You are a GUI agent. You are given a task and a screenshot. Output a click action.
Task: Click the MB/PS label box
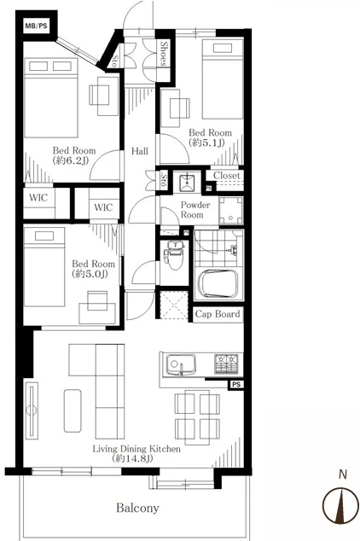[x=36, y=26]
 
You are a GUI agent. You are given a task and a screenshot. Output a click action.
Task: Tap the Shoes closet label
[x=164, y=54]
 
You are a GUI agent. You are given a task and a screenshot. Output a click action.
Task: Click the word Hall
[x=140, y=151]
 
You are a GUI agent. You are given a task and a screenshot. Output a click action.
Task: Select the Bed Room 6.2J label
[x=74, y=155]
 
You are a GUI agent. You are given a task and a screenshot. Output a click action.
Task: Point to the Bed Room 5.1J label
[x=210, y=137]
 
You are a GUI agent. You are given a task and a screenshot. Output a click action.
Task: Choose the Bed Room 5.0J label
[x=93, y=269]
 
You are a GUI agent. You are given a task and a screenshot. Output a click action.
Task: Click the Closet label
[x=226, y=175]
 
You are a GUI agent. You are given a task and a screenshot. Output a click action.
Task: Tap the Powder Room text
[x=195, y=209]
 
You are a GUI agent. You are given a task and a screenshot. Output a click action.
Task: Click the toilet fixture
[x=175, y=255]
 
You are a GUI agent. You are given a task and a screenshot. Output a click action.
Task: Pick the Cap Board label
[x=218, y=314]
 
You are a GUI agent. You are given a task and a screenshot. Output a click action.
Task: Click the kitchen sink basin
[x=180, y=365]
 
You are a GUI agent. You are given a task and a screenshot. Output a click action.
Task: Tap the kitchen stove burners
[x=227, y=364]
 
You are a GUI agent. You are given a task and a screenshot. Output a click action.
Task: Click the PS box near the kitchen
[x=235, y=384]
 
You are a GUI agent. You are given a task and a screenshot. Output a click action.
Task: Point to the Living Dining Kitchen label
[x=136, y=453]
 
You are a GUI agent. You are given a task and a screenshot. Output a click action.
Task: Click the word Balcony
[x=137, y=508]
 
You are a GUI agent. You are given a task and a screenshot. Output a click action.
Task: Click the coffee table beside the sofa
[x=73, y=410]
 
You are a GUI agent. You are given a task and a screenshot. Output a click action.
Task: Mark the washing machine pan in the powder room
[x=231, y=211]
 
